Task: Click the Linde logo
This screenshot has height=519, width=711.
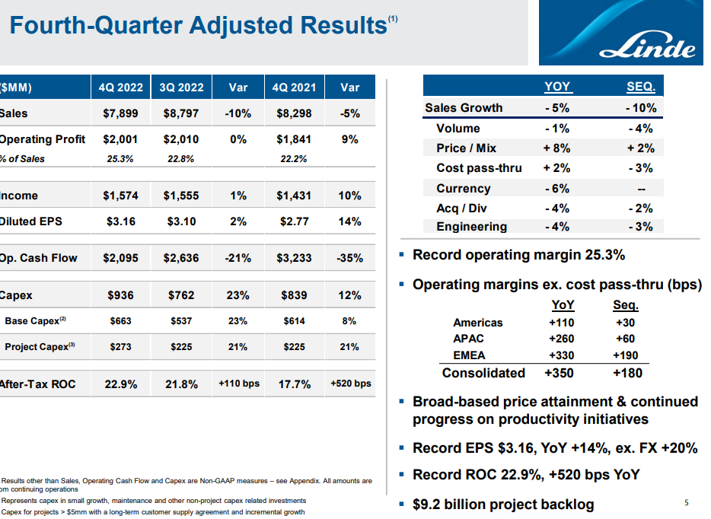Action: click(x=657, y=47)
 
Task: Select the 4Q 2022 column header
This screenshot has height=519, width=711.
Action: click(x=121, y=88)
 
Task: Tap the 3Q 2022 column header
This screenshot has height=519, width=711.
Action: click(x=182, y=88)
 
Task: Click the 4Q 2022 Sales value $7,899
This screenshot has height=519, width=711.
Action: click(x=120, y=113)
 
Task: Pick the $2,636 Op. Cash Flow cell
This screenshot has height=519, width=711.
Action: click(x=181, y=258)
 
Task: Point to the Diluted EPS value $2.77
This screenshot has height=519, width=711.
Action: click(x=293, y=221)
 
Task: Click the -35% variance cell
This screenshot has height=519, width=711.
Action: click(x=349, y=258)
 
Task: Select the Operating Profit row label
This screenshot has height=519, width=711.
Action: click(x=43, y=139)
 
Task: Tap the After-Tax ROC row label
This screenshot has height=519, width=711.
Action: click(x=38, y=384)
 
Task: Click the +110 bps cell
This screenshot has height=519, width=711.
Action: click(x=238, y=384)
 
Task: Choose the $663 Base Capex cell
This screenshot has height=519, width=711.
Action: click(x=120, y=321)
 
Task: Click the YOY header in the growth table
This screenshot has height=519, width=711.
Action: click(x=557, y=87)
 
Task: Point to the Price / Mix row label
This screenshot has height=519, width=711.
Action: click(x=466, y=148)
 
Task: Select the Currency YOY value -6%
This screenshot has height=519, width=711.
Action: click(x=557, y=188)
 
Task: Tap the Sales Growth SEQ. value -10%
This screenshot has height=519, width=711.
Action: click(x=640, y=108)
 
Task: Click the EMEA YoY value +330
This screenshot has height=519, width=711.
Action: click(x=561, y=355)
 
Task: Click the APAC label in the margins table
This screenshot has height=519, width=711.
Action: click(x=468, y=339)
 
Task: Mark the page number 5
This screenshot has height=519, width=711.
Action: click(x=687, y=502)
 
